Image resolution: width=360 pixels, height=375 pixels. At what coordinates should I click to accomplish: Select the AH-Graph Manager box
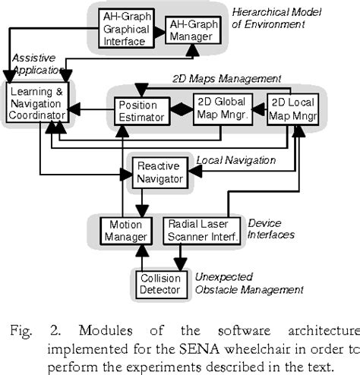pyautogui.click(x=193, y=30)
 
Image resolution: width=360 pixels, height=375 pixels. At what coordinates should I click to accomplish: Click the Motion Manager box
pyautogui.click(x=123, y=231)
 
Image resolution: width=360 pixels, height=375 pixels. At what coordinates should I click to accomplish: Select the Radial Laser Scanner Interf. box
pyautogui.click(x=203, y=231)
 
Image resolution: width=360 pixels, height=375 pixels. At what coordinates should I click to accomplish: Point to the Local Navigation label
pyautogui.click(x=235, y=161)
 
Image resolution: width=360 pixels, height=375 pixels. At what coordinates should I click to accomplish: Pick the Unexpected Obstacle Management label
pyautogui.click(x=248, y=283)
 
